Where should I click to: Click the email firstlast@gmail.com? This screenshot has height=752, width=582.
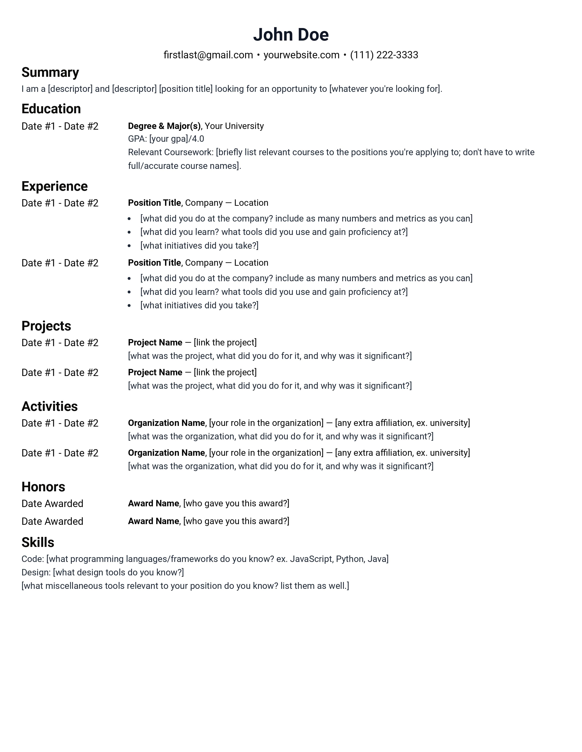tap(208, 55)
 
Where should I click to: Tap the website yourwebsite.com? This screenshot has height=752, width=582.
tap(301, 55)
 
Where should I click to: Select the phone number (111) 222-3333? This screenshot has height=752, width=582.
tap(384, 55)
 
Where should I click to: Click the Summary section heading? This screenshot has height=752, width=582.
tap(50, 72)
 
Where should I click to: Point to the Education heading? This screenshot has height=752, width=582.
tap(51, 109)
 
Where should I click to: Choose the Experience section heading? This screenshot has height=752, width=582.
tap(55, 186)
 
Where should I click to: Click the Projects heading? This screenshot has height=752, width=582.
tap(46, 326)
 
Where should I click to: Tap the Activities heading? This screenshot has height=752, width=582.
tap(49, 406)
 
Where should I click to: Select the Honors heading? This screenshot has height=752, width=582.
tap(43, 487)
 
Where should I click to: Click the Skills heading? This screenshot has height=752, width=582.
tap(38, 542)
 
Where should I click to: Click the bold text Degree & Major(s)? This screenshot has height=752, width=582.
tap(164, 126)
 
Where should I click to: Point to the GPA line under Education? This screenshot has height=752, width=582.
tap(166, 139)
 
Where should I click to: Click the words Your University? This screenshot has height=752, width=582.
tap(234, 126)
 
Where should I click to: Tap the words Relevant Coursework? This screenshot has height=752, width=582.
tap(170, 152)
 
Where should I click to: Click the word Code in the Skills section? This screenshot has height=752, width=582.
tap(32, 559)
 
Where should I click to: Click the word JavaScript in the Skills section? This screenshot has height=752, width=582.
tap(311, 559)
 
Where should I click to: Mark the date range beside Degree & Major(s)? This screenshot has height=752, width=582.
tap(60, 126)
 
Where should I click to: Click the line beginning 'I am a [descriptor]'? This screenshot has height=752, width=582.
tap(232, 89)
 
